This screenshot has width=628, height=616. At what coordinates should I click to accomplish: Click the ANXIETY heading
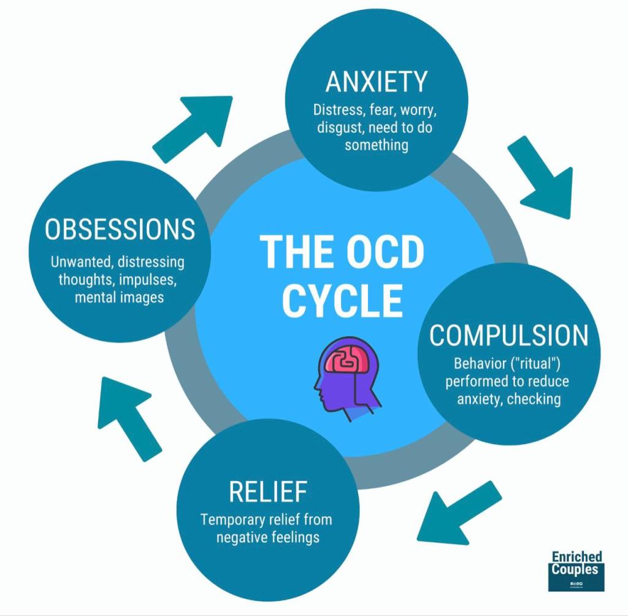pos(376,82)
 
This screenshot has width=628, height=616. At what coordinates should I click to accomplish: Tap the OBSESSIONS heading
pos(120,229)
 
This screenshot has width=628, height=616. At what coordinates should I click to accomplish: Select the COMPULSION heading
pos(508,335)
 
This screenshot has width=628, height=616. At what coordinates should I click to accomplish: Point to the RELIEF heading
pos(267,491)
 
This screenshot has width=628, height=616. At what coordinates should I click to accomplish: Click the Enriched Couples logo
pos(576,570)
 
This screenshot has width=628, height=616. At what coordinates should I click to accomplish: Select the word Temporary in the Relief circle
pos(233,520)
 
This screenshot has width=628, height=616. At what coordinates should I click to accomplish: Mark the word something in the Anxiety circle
pos(376,145)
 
